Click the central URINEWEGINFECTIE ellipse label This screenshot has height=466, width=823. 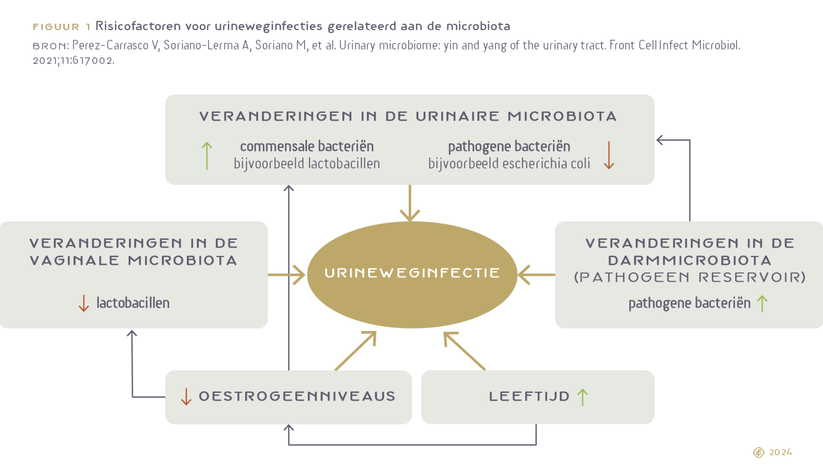(412, 273)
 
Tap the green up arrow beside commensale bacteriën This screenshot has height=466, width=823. (207, 155)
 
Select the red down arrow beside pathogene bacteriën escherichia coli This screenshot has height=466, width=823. (609, 155)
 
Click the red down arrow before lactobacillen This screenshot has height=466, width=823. (84, 303)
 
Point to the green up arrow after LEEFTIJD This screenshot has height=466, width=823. (583, 397)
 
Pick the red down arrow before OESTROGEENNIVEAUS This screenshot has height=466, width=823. (186, 397)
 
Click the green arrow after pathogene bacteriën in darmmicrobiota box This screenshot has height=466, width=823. (762, 303)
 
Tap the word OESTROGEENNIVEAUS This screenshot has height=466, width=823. (297, 397)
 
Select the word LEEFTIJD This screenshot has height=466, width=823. (529, 397)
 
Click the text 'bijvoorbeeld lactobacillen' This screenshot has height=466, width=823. (307, 164)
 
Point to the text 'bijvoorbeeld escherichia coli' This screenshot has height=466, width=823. (509, 164)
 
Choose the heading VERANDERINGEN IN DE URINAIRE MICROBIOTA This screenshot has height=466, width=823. (408, 116)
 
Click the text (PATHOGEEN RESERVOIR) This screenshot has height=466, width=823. (690, 277)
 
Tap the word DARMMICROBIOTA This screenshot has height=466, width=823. (690, 261)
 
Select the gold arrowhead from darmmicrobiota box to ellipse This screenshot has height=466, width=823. (523, 275)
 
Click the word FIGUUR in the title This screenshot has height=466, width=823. (56, 27)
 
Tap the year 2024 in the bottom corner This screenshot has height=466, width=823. (780, 452)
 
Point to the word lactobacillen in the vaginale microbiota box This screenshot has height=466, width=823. (133, 303)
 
